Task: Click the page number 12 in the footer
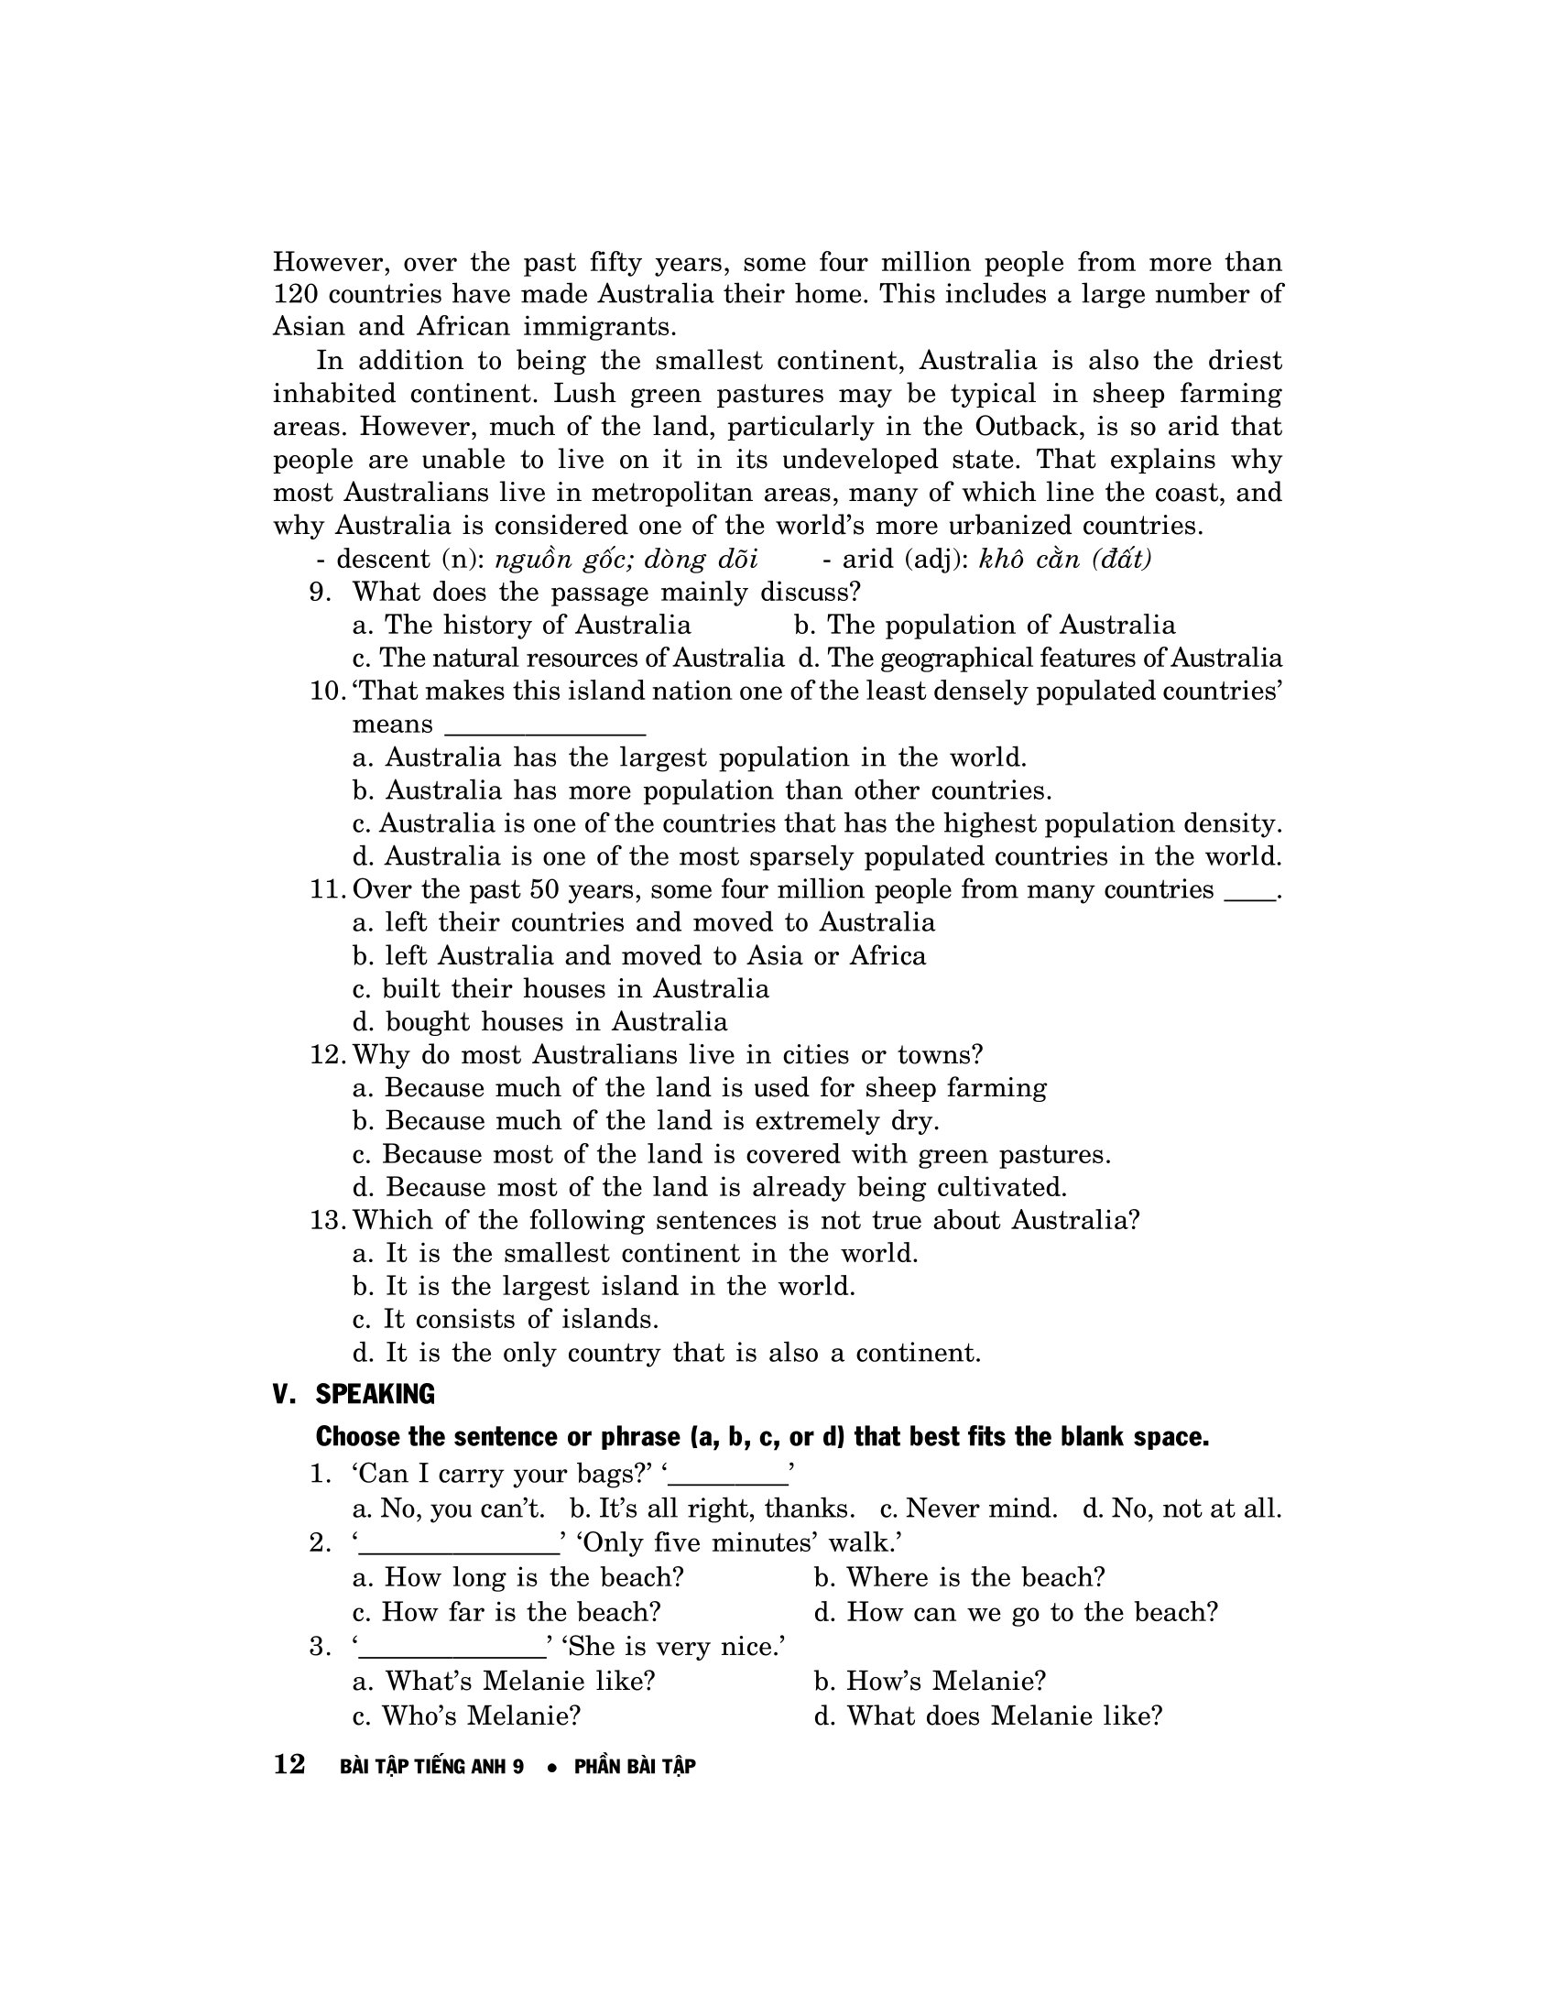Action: click(289, 1764)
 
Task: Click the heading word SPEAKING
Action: click(375, 1393)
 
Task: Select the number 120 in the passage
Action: click(294, 294)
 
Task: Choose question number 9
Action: click(320, 593)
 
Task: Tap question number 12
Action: click(328, 1054)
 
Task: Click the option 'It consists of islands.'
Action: click(506, 1319)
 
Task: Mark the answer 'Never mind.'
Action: click(968, 1509)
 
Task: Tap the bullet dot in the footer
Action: click(551, 1768)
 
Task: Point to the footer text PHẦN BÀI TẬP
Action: click(635, 1767)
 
